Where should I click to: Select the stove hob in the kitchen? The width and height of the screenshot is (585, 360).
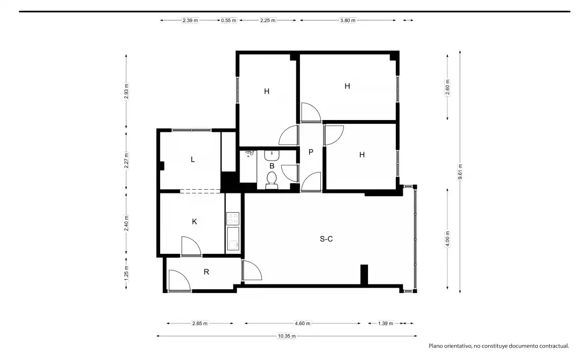(233, 219)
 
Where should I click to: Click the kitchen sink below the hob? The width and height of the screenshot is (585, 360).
(233, 239)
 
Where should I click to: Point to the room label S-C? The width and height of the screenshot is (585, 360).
(326, 239)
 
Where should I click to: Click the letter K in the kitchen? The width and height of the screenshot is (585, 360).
(194, 222)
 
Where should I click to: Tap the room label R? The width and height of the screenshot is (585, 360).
(206, 272)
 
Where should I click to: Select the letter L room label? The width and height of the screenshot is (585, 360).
(192, 160)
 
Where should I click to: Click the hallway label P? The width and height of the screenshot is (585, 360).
(311, 152)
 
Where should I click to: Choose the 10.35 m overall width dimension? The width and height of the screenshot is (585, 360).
(287, 336)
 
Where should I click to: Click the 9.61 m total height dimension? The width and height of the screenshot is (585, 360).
(460, 172)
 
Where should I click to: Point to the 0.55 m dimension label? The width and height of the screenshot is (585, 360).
(229, 20)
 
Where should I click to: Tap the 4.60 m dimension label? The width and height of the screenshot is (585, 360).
(303, 324)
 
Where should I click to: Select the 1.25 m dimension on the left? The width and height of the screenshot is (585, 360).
(126, 273)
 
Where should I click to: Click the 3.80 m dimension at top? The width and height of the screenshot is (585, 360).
(348, 20)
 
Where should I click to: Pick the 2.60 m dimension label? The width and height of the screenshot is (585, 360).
(448, 87)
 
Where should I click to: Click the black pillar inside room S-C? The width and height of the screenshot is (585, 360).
(364, 275)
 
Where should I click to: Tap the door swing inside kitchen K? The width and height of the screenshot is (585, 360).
(191, 246)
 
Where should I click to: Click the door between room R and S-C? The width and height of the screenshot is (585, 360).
(252, 271)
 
